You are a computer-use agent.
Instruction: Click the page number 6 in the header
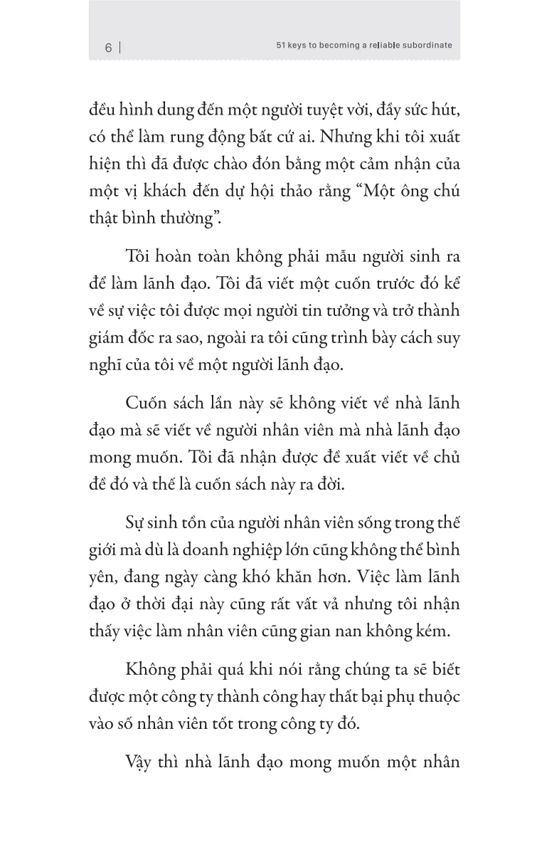(x=108, y=48)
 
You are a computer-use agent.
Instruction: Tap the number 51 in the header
(x=282, y=45)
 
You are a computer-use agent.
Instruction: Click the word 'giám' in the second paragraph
(x=108, y=337)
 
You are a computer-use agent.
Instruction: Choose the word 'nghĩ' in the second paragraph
(x=107, y=365)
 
